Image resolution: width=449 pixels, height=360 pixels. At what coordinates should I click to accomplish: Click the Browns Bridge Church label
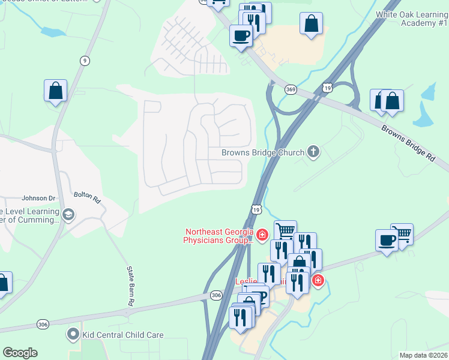(263, 152)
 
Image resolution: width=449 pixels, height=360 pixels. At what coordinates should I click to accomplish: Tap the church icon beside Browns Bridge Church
(313, 152)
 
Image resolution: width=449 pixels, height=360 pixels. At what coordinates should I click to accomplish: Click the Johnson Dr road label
(38, 198)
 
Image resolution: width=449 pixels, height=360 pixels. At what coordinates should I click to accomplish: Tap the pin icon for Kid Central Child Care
(73, 333)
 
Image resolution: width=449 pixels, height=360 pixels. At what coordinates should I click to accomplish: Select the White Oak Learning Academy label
(412, 19)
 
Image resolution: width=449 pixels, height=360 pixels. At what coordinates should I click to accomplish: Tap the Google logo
(20, 353)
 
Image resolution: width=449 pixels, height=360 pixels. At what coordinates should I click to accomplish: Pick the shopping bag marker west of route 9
(55, 91)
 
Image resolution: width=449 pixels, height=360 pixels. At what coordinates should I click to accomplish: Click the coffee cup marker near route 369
(241, 35)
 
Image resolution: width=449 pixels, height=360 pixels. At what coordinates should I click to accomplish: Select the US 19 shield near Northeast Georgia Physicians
(256, 209)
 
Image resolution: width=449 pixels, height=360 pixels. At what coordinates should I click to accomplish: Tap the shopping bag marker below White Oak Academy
(312, 25)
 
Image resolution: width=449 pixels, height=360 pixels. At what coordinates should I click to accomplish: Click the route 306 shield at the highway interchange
(216, 295)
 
